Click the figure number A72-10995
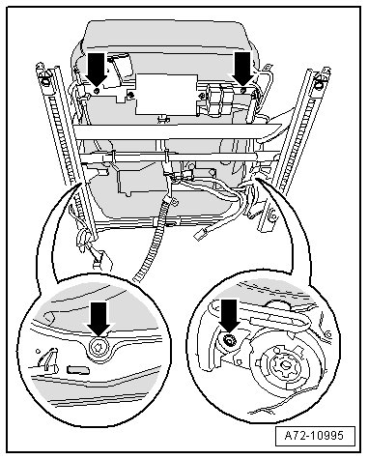click(314, 436)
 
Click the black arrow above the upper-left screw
click(97, 69)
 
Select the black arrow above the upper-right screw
click(243, 69)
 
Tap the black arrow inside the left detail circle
click(99, 319)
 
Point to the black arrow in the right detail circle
click(229, 316)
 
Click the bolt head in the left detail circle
click(99, 348)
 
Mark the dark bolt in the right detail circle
click(229, 339)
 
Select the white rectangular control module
click(166, 95)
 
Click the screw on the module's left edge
click(131, 95)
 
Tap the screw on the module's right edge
click(202, 96)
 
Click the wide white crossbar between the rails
click(177, 132)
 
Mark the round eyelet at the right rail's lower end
click(272, 216)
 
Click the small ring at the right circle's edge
click(328, 334)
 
